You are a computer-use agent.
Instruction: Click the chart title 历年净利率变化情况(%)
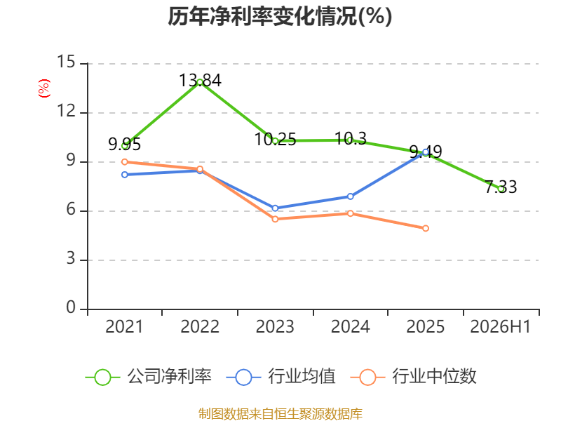[280, 16]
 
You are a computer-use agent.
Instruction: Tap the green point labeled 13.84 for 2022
[200, 82]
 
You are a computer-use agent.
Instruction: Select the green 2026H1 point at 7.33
[501, 189]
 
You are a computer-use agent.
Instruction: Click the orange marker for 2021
[125, 162]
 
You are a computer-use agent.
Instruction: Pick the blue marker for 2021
[125, 175]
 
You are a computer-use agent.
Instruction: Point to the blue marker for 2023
[275, 208]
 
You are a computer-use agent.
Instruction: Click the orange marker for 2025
[426, 228]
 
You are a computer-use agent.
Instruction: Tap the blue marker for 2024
[350, 196]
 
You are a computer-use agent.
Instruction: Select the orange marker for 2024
[350, 213]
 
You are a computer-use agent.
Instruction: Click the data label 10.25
[275, 139]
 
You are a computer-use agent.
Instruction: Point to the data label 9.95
[125, 145]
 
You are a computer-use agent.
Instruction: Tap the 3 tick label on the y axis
[71, 258]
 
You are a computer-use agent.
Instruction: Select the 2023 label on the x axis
[275, 326]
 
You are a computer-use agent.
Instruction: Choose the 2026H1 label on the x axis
[501, 326]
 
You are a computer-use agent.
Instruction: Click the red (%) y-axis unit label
[44, 88]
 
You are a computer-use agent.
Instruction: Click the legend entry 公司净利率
[149, 377]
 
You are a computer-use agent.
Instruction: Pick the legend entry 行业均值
[281, 377]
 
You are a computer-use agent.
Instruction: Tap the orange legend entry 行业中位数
[414, 377]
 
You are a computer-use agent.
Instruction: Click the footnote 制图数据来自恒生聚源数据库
[280, 414]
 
